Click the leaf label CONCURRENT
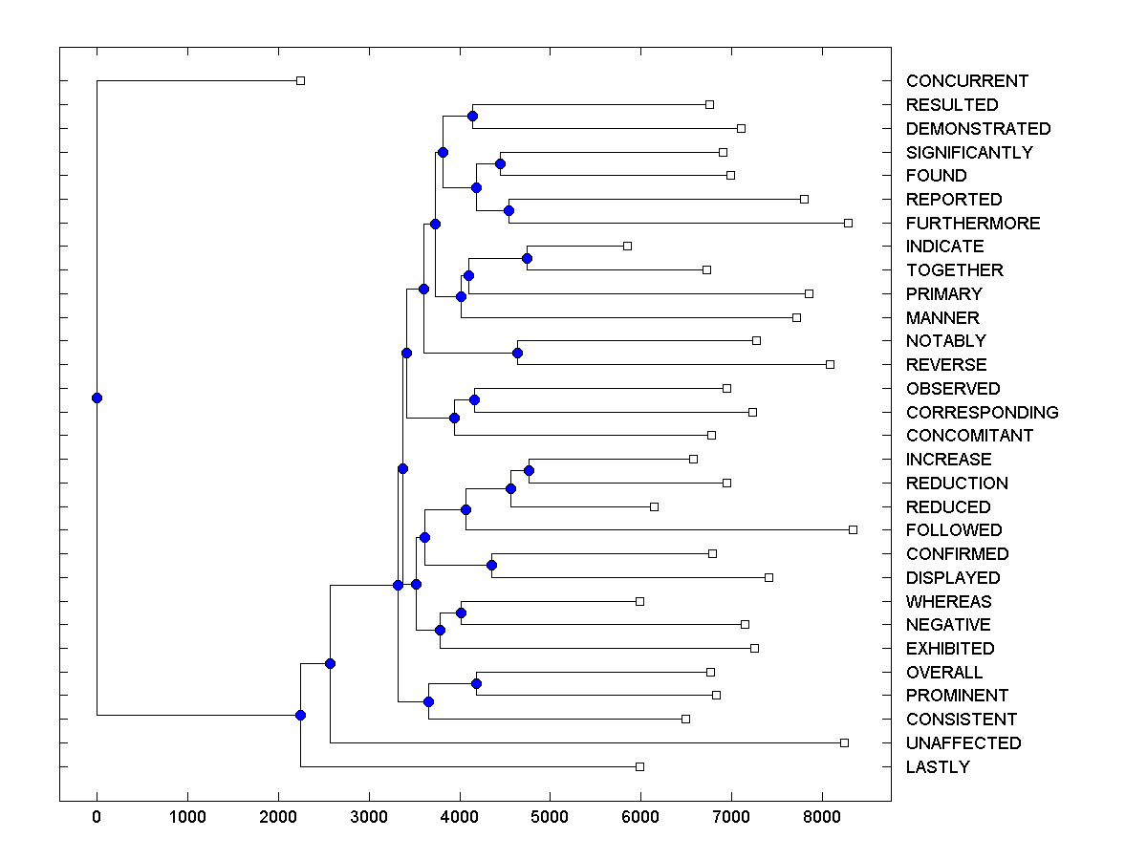click(x=966, y=81)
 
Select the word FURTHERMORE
click(x=973, y=223)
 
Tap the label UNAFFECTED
click(x=963, y=742)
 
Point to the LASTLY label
click(x=938, y=766)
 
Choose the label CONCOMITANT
click(x=969, y=436)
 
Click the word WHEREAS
click(x=948, y=601)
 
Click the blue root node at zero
click(x=97, y=398)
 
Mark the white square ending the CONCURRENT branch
click(x=300, y=80)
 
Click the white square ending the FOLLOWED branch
click(x=853, y=529)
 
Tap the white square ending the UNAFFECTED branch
click(x=844, y=742)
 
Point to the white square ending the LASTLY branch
click(x=639, y=766)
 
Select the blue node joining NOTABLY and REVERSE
click(x=517, y=353)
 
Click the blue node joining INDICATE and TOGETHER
click(x=527, y=258)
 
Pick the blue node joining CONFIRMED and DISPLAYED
click(x=491, y=565)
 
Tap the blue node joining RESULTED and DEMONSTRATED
click(x=472, y=116)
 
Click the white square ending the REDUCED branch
click(x=654, y=506)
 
